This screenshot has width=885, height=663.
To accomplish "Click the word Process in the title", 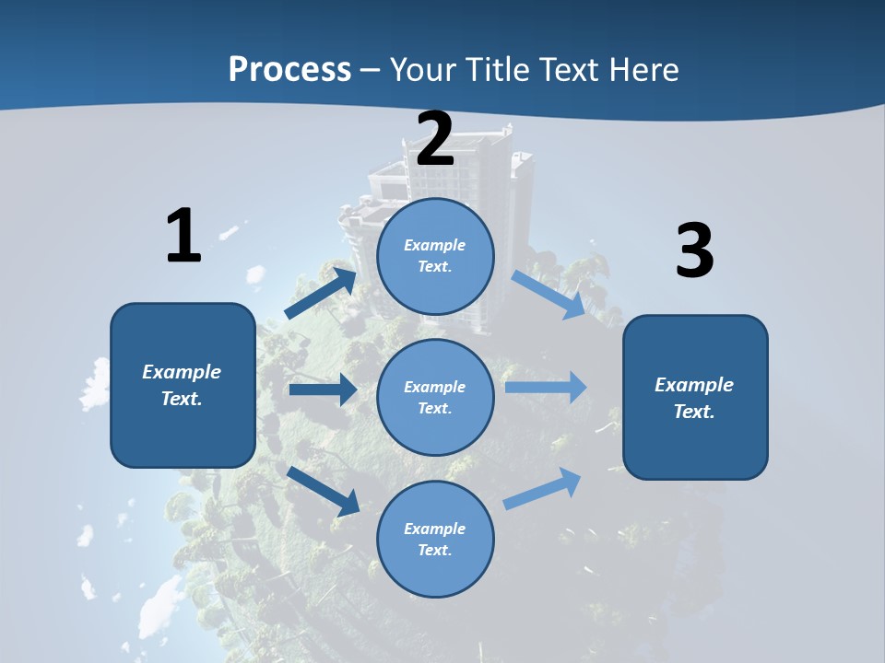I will coord(289,69).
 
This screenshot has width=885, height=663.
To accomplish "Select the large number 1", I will coord(183,236).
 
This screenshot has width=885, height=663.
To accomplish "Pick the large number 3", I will coord(694,251).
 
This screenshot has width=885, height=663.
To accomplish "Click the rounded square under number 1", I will coord(183,385).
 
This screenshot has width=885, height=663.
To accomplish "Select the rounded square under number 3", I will coord(695,397).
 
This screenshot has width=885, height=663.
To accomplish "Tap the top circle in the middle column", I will coord(435,256).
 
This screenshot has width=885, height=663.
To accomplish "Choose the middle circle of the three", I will coord(435,397).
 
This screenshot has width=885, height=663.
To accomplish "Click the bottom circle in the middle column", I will coord(435,539).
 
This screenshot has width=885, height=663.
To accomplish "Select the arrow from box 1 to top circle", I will coord(321,293).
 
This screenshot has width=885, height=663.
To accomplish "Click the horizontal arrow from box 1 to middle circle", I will coord(323,390).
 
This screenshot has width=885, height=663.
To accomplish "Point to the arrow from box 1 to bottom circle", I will coord(324,490).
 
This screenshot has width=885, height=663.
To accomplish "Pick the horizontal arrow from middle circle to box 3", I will coord(546,388).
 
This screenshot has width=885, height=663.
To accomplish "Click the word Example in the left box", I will coord(182,372).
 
